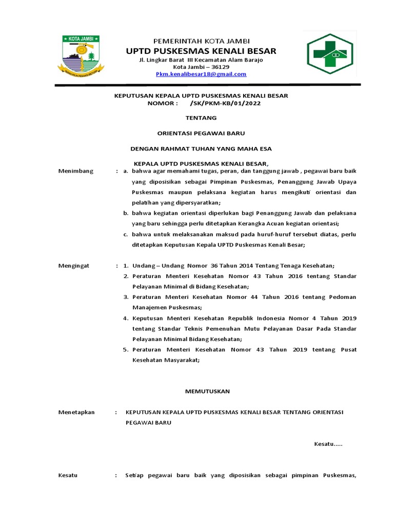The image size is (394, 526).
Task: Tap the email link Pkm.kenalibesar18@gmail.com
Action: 201,74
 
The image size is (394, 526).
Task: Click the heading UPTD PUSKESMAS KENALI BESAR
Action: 201,51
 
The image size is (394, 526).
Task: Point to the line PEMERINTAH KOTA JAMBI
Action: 201,41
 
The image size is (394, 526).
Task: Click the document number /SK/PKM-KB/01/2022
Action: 225,103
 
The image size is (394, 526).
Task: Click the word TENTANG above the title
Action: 201,118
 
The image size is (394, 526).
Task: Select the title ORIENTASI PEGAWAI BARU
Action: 201,134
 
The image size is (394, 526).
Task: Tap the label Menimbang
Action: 76,171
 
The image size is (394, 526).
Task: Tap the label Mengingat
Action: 74,266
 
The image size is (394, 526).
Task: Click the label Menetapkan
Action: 76,412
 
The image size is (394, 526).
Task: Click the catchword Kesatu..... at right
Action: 328,444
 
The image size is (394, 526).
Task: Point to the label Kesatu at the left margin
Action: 68,476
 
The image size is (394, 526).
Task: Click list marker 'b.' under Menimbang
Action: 126,213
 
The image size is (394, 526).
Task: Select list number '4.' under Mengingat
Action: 126,318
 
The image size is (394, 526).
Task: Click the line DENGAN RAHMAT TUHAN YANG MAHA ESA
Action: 201,149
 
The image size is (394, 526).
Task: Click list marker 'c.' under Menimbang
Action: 126,234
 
